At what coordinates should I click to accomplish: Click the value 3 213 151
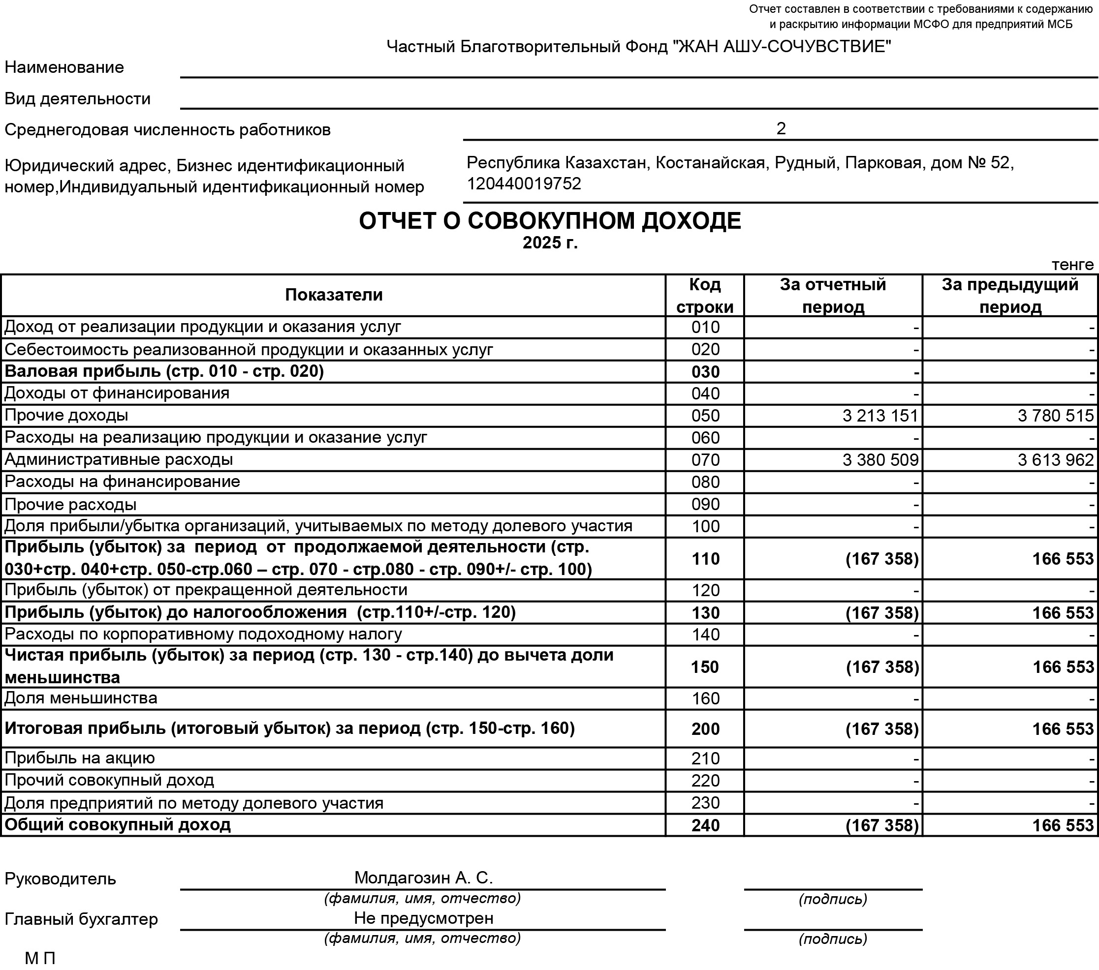pos(880,416)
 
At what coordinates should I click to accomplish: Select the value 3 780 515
pos(1056,416)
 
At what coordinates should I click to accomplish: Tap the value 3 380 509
pos(880,460)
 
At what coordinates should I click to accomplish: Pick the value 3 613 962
pos(1056,460)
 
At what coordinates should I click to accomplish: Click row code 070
pos(705,460)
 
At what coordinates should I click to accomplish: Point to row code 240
pos(705,825)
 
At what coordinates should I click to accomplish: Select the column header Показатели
pos(333,295)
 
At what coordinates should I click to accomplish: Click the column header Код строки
pos(705,296)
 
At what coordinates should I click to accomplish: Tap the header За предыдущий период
pos(1010,296)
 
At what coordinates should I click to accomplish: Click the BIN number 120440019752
pos(524,184)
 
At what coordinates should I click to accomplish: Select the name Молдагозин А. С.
pos(423,878)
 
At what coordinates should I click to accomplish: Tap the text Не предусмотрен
pos(423,918)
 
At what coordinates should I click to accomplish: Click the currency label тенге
pos(1072,265)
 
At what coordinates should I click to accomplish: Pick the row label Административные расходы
pos(119,459)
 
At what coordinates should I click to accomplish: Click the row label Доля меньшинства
pos(81,698)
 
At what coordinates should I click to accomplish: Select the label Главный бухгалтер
pos(81,919)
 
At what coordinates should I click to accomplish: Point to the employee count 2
pos(781,128)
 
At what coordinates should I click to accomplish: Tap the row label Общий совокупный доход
pos(118,824)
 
